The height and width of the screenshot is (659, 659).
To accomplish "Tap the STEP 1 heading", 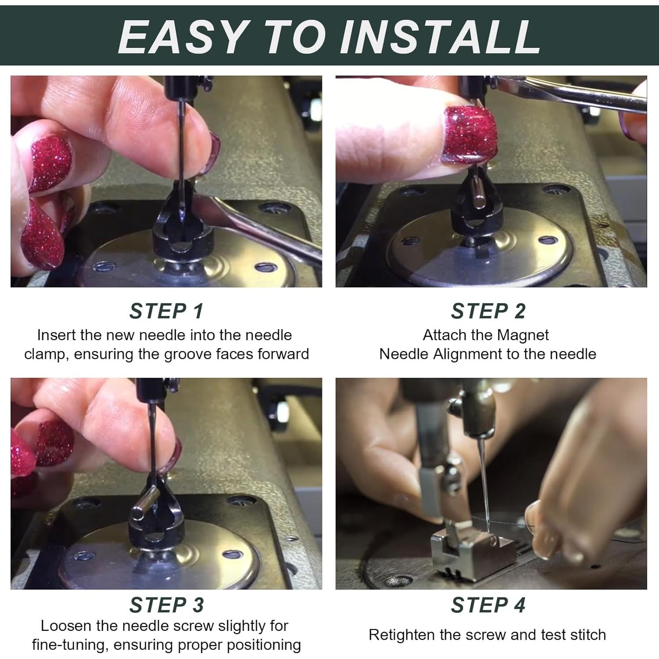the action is (167, 311).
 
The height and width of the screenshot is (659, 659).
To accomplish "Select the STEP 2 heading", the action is (488, 311).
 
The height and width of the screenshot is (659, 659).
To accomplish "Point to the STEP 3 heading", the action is (167, 605).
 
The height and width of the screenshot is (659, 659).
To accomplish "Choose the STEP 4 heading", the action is (488, 605).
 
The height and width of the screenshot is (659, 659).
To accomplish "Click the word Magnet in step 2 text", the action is (523, 336).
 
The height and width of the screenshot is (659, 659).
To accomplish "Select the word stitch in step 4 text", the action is (588, 635).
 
